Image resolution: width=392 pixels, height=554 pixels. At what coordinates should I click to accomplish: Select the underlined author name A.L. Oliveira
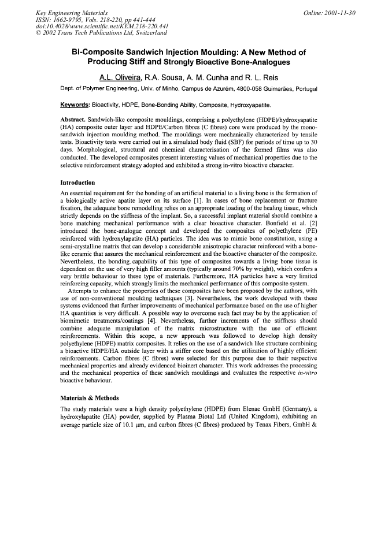tap(119, 77)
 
